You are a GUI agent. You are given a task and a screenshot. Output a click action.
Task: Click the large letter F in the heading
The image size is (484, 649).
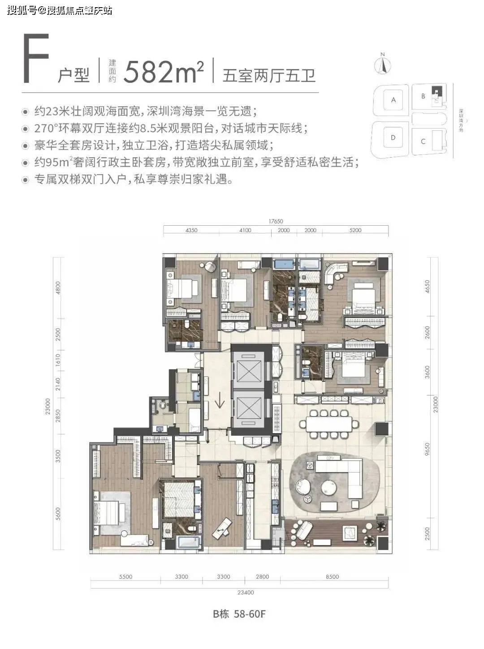[36, 61]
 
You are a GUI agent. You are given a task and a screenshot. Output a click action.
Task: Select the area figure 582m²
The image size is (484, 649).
[164, 71]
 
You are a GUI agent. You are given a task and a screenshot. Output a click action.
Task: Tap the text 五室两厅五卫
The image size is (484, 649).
[269, 74]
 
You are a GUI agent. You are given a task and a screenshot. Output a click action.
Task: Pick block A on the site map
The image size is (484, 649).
[393, 100]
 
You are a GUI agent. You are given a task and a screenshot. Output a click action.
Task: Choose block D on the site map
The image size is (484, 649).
[393, 138]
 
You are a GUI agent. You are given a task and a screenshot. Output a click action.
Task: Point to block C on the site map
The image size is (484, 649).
[423, 141]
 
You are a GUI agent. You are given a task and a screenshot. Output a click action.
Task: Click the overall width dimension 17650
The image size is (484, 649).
[276, 221]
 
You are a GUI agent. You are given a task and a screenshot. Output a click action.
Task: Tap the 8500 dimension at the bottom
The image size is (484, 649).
[332, 577]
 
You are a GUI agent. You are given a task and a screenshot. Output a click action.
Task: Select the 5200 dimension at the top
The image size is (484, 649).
[354, 230]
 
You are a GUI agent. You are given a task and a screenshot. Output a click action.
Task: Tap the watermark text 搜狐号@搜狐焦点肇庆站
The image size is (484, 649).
[59, 10]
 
